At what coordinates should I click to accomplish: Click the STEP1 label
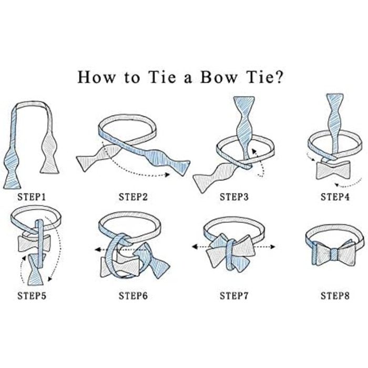32,197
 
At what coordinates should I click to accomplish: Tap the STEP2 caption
133,197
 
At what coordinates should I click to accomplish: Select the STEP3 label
234,197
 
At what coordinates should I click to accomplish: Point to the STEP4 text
335,197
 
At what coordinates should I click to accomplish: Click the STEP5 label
32,296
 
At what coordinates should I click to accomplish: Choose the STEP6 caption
133,296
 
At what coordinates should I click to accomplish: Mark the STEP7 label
234,296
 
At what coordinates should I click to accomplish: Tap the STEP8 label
335,296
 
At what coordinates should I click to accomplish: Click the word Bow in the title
219,77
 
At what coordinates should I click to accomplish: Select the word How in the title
96,77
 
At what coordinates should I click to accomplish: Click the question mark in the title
279,77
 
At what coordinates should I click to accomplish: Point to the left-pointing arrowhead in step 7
195,247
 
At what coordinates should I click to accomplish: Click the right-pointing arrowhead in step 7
272,247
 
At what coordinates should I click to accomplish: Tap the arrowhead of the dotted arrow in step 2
167,175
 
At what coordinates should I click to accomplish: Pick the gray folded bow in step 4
333,170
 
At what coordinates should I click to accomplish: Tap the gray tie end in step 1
49,152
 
